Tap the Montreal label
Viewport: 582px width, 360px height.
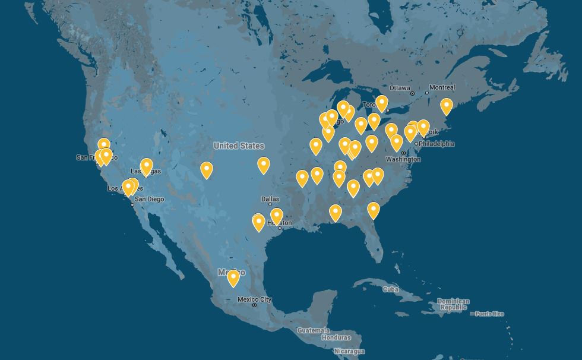442,87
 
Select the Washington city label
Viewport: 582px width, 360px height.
403,159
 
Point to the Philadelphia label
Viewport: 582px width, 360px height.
436,144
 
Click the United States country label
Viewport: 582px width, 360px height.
239,146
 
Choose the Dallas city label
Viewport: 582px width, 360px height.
270,199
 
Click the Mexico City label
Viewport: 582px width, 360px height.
254,299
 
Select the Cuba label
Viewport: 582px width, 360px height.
390,289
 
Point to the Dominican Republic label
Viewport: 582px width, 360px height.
453,305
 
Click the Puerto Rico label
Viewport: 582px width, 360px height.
489,314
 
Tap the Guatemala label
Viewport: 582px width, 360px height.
313,330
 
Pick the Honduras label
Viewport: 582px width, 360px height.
336,337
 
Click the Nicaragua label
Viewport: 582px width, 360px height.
349,352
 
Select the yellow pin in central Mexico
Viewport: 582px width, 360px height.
233,277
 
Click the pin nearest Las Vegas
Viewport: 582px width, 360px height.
146,167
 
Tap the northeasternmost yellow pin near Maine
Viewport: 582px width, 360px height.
446,106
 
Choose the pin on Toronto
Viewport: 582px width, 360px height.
382,103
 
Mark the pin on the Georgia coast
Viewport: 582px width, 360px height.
373,210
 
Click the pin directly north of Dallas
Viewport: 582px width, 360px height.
263,165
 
